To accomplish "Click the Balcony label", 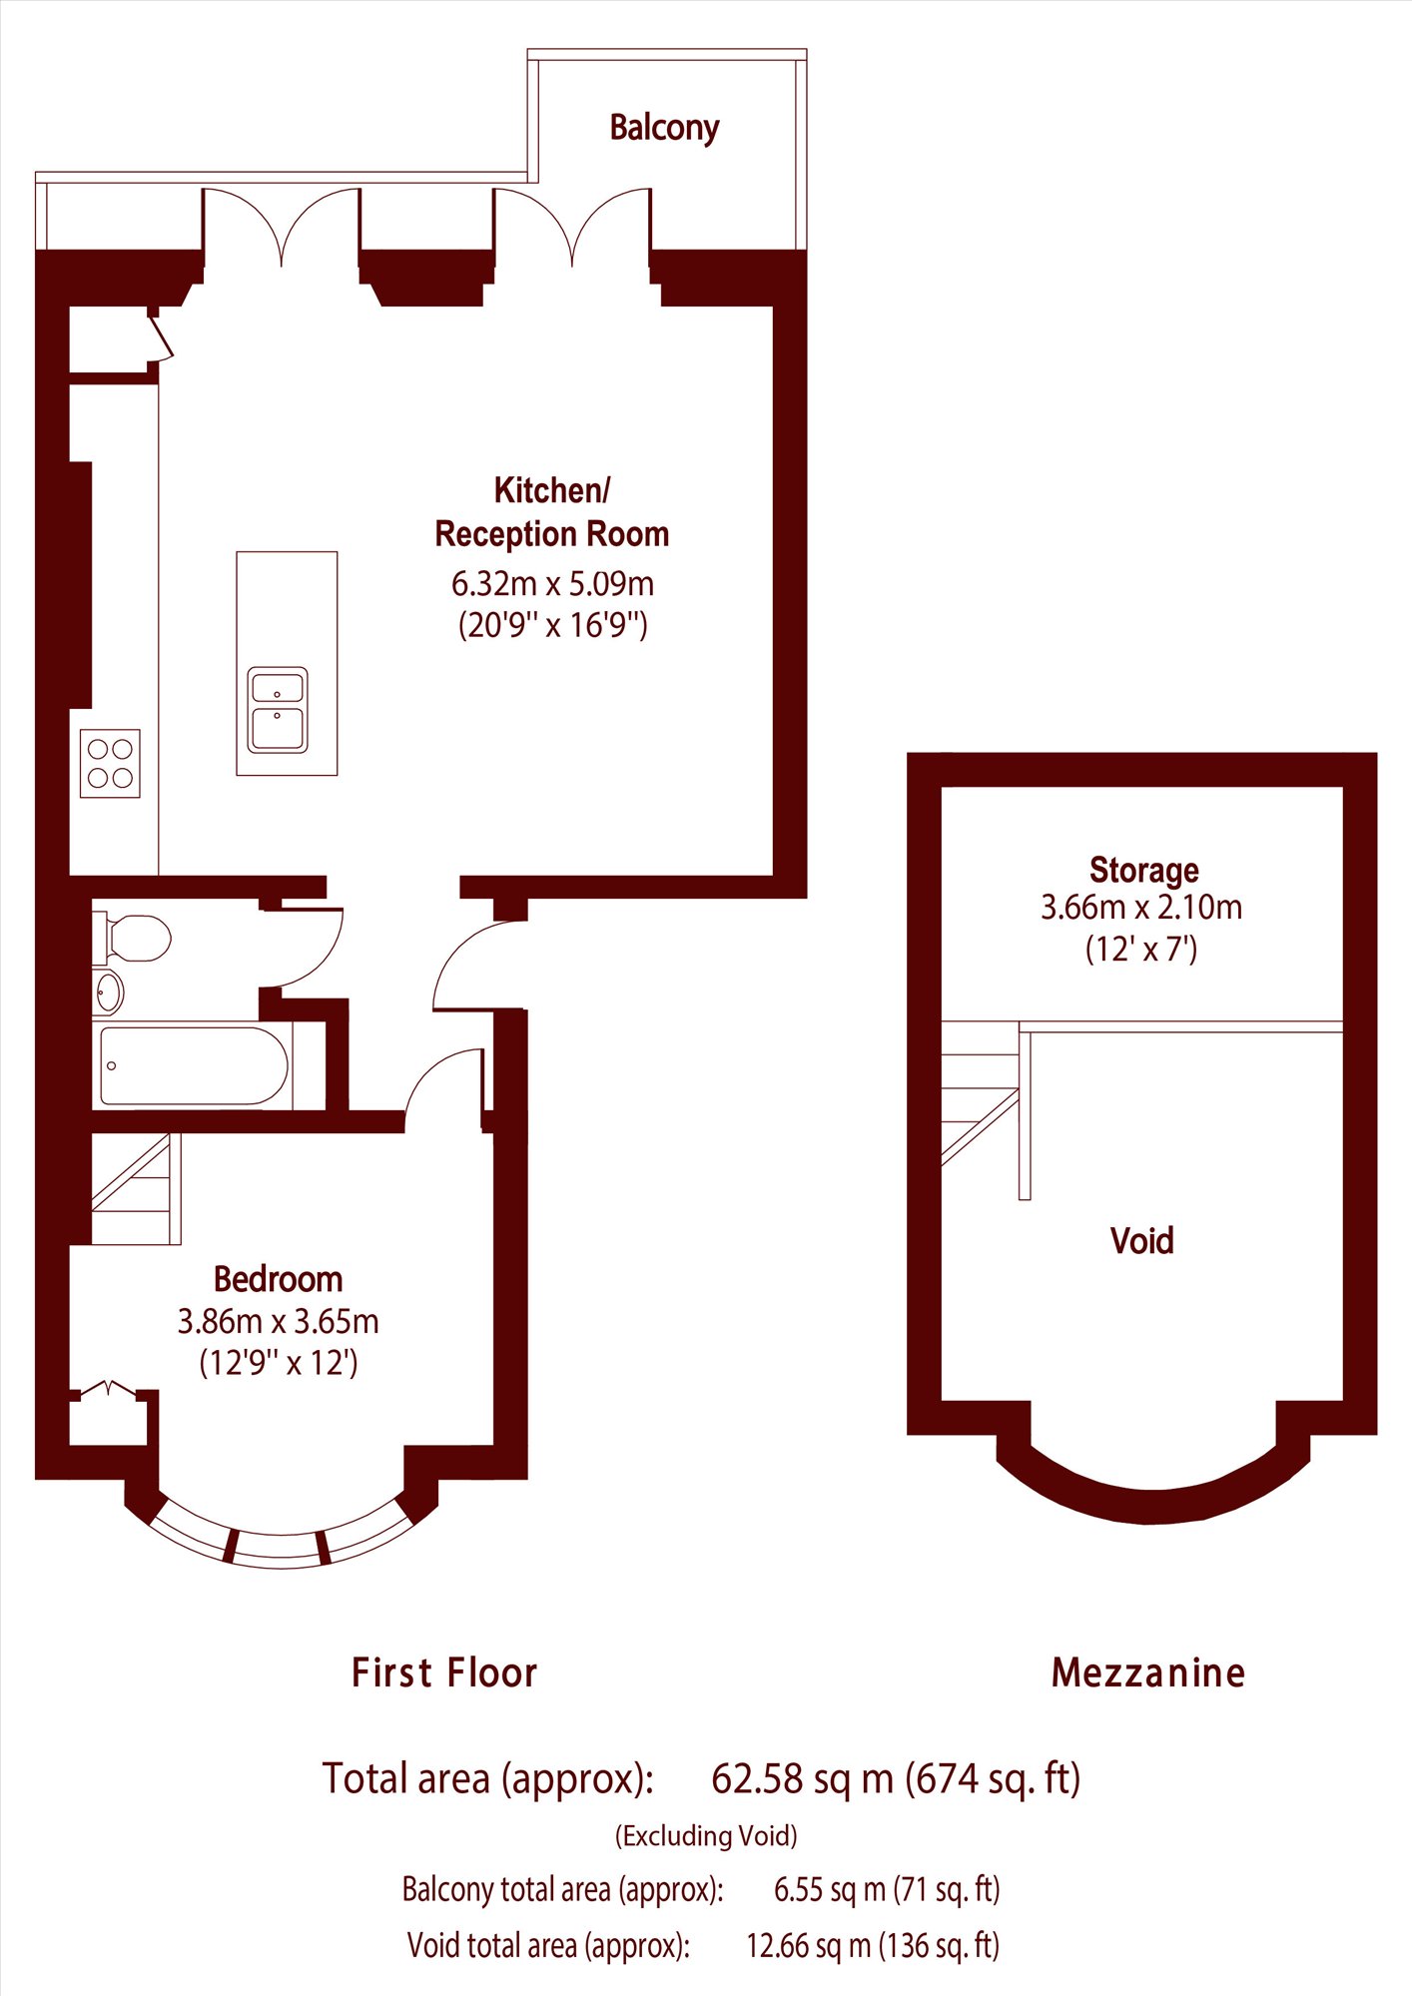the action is point(664,128).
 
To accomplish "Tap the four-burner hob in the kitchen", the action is point(110,763).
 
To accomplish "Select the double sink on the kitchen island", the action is point(278,709).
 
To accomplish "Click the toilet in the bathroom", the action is point(132,939).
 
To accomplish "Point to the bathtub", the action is point(195,1066).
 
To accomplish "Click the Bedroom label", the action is point(279,1279).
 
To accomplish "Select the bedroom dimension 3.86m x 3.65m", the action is point(279,1321).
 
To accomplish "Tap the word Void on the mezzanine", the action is point(1142,1240).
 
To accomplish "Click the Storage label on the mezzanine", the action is point(1144,870).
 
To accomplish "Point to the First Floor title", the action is point(444,1672).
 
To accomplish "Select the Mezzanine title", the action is point(1148,1672).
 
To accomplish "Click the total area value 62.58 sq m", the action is point(802,1778).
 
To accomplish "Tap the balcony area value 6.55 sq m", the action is point(831,1889).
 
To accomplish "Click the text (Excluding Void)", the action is point(706,1835).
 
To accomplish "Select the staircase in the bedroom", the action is point(136,1188).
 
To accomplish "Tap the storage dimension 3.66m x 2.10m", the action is point(1141,907).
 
